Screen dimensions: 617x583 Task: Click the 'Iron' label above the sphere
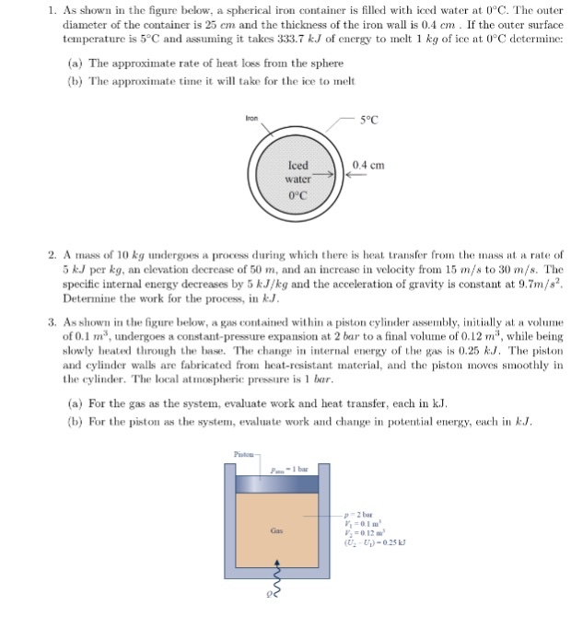tap(251, 119)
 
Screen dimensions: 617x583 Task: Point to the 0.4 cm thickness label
tap(367, 166)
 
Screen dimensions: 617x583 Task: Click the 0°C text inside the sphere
tap(297, 195)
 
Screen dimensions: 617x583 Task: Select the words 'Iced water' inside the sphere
tap(297, 172)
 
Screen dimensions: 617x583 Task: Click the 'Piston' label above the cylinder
tap(243, 453)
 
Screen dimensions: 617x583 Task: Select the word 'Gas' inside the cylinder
tap(275, 530)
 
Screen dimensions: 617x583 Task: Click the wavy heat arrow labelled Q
tap(274, 583)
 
